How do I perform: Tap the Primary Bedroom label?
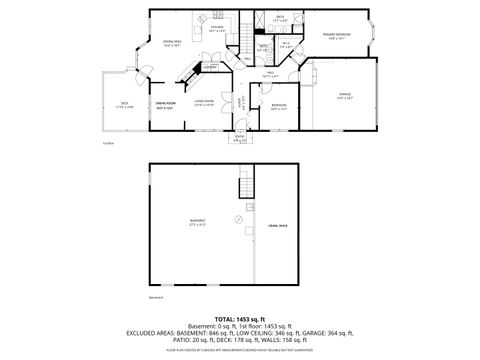(x=336, y=35)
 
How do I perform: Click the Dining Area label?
(x=172, y=42)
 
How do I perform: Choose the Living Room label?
(x=206, y=102)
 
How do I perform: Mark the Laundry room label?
(x=211, y=67)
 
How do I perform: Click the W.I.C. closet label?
(x=286, y=43)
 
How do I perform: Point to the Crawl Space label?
(x=277, y=228)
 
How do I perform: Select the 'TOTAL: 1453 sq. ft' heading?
(x=239, y=318)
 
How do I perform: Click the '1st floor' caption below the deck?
(x=107, y=141)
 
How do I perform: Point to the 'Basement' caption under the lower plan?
(x=156, y=297)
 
